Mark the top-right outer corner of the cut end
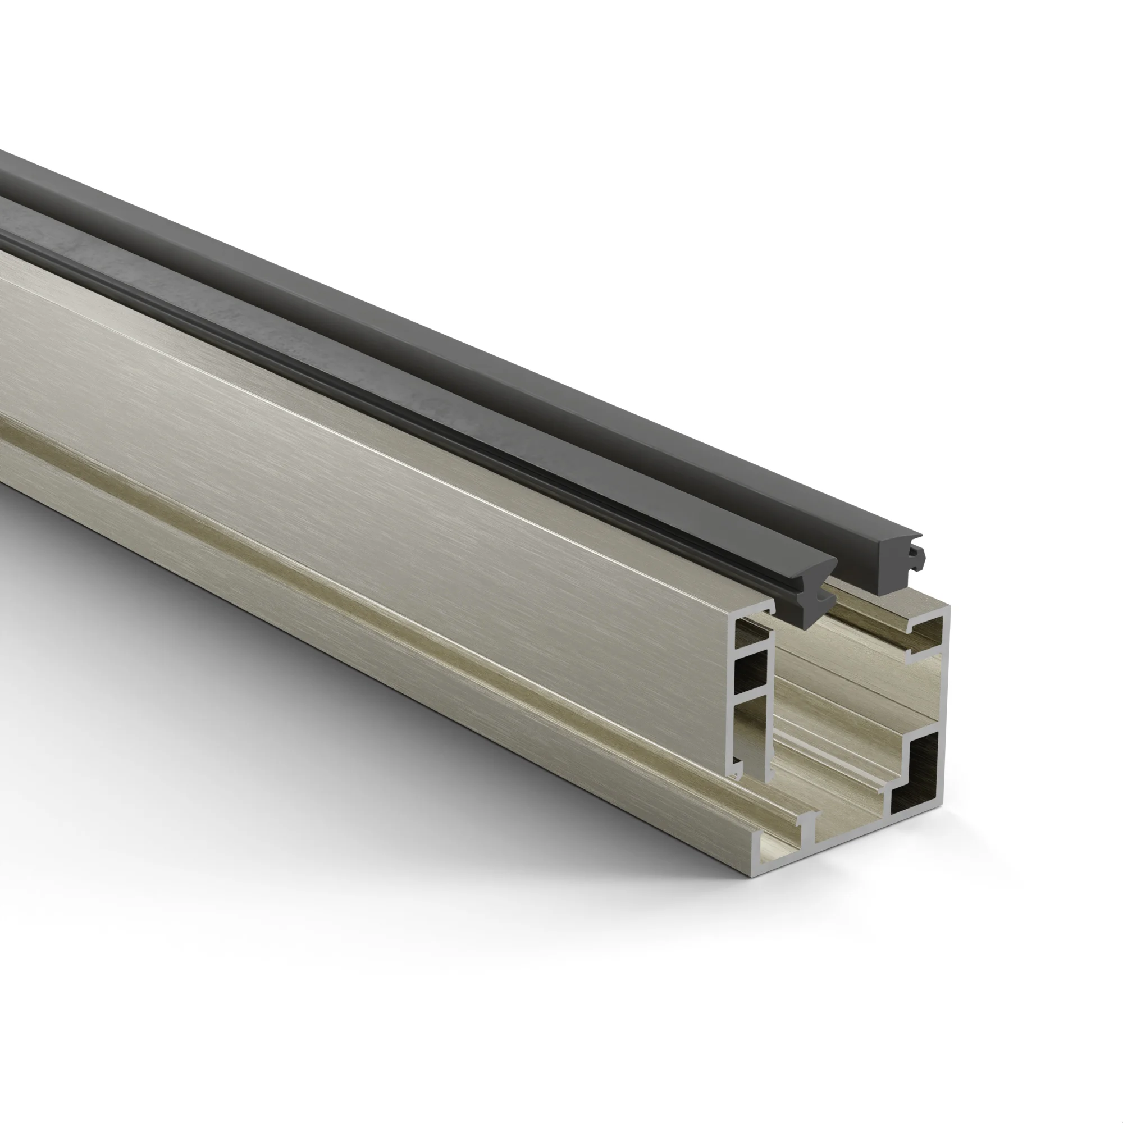coord(949,607)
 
